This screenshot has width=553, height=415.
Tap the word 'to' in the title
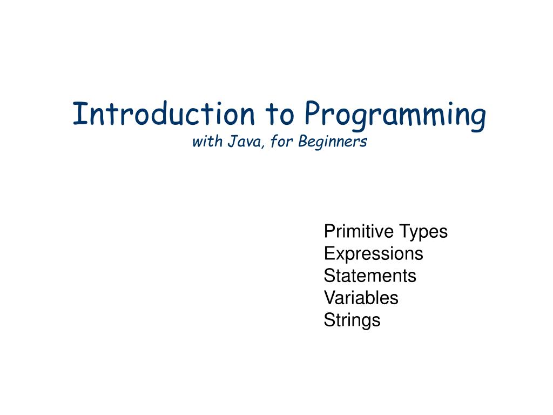tap(279, 114)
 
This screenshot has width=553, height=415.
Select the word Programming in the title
tap(394, 116)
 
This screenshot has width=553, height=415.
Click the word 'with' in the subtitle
tap(204, 142)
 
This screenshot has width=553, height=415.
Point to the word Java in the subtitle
tap(240, 142)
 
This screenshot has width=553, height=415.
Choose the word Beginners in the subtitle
tap(333, 142)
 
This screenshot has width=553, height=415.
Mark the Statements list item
tap(370, 276)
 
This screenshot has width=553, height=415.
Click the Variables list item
tap(361, 298)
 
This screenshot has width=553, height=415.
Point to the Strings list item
tap(352, 320)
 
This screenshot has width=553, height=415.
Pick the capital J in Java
tap(230, 142)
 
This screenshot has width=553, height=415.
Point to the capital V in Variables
tap(329, 298)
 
